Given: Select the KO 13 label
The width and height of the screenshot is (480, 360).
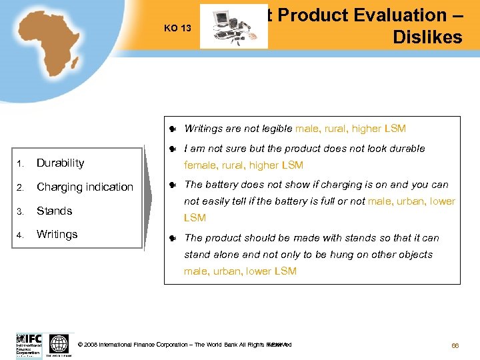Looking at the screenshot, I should (x=177, y=27).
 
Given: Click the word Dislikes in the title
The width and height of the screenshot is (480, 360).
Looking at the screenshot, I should (x=427, y=37).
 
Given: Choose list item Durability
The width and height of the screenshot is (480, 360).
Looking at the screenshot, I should (x=60, y=163).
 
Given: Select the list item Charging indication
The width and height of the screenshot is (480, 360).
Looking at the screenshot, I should (x=85, y=187).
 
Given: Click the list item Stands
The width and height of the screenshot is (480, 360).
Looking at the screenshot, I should (x=54, y=211).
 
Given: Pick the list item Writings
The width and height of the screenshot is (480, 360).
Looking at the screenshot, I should (x=57, y=234).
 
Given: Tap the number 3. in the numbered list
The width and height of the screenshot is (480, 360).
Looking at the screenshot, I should (x=20, y=211).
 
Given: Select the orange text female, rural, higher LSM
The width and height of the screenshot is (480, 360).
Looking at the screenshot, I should (x=243, y=165).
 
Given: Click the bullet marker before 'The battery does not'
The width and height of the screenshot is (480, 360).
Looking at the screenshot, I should (x=172, y=185).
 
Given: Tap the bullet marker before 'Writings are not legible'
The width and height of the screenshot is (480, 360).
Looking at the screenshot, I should (x=172, y=129).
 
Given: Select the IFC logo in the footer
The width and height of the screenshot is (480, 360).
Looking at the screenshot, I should (x=29, y=345).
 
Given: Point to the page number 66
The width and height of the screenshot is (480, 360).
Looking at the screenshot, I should (x=456, y=345).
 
